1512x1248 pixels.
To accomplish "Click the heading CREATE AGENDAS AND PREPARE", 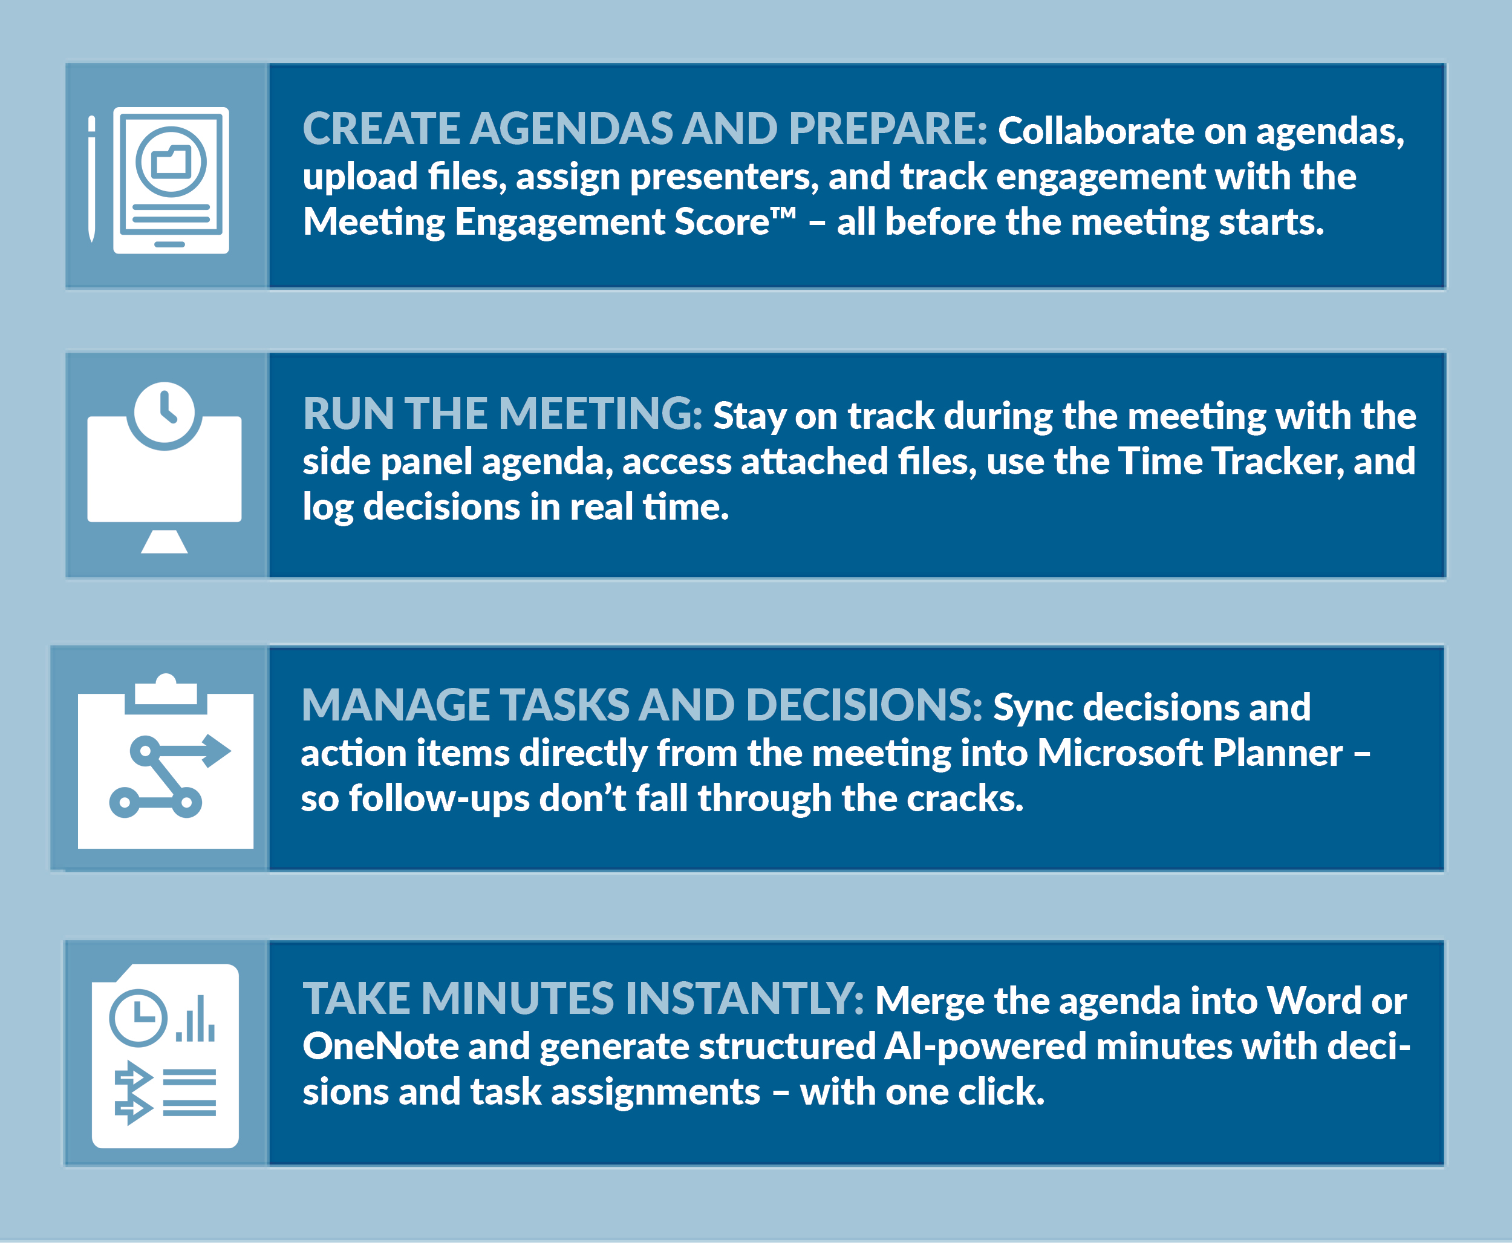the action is [x=645, y=129].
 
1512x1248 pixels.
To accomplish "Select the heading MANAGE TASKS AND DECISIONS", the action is [x=642, y=705].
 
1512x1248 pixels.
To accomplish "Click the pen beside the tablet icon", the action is [x=91, y=178].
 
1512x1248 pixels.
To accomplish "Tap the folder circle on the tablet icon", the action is [x=171, y=161].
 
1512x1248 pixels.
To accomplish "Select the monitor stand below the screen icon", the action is [x=165, y=541].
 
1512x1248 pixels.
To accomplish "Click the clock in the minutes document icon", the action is [x=138, y=1018].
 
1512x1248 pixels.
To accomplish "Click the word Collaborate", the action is [x=1096, y=131].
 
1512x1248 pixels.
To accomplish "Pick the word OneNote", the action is [x=381, y=1046].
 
